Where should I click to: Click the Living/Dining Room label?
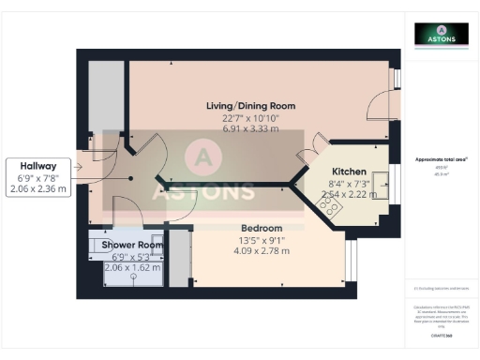250,106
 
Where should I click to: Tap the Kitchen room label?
349,172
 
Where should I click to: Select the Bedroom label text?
262,228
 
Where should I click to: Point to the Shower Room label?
132,245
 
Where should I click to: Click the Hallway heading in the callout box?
43,164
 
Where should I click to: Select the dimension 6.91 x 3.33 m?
250,128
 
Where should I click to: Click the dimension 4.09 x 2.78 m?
262,251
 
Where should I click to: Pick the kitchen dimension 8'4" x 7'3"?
349,184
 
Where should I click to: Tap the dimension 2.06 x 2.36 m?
43,188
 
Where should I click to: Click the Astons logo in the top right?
442,34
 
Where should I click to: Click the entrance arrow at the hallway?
83,169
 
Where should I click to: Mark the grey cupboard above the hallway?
107,97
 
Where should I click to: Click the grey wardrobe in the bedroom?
178,257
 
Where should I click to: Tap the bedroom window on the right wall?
352,262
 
